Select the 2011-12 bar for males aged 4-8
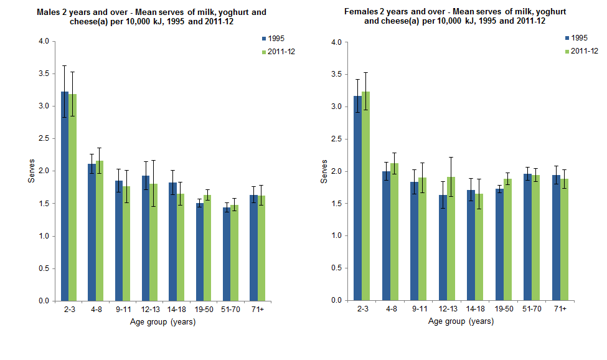click(x=99, y=230)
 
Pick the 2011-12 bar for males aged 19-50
click(x=207, y=249)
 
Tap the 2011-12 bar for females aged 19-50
click(x=507, y=240)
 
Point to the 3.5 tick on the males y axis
click(x=43, y=73)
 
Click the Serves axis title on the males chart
click(x=31, y=171)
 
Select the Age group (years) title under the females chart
click(x=461, y=322)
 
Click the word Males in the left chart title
click(x=48, y=12)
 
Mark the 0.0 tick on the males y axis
click(x=43, y=301)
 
